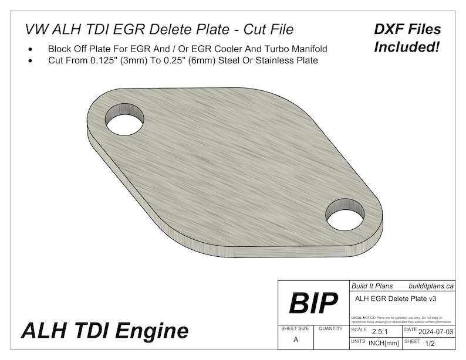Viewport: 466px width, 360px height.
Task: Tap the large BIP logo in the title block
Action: pos(313,303)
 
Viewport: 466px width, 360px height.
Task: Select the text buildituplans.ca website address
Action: pos(431,287)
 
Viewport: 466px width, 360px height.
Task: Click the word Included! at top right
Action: pos(407,46)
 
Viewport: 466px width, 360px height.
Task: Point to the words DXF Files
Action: pos(407,29)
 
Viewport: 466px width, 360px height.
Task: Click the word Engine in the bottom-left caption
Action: pos(157,331)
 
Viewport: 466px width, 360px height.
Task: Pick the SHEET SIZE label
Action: pos(295,329)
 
